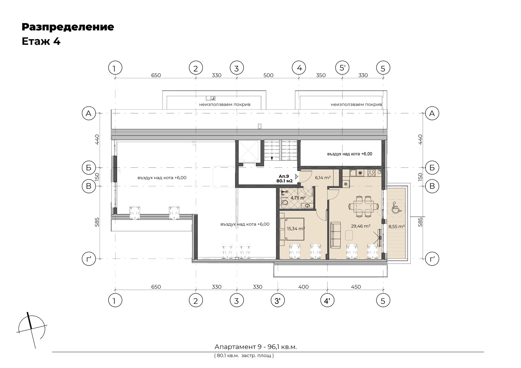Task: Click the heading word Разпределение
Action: (68, 27)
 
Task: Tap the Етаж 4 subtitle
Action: (41, 42)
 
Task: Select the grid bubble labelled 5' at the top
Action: (342, 68)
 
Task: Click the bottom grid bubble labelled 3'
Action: (278, 301)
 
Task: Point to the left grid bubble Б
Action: (89, 167)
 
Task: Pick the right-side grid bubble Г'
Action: (432, 259)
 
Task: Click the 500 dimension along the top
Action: (268, 75)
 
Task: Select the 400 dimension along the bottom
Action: (303, 287)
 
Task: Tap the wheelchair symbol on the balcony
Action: (396, 207)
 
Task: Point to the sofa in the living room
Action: (335, 235)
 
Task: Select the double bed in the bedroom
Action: (292, 229)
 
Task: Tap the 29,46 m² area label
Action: (361, 226)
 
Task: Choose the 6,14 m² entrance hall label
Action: (323, 177)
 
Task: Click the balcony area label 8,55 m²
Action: (397, 226)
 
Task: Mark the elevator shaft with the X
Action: (249, 151)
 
